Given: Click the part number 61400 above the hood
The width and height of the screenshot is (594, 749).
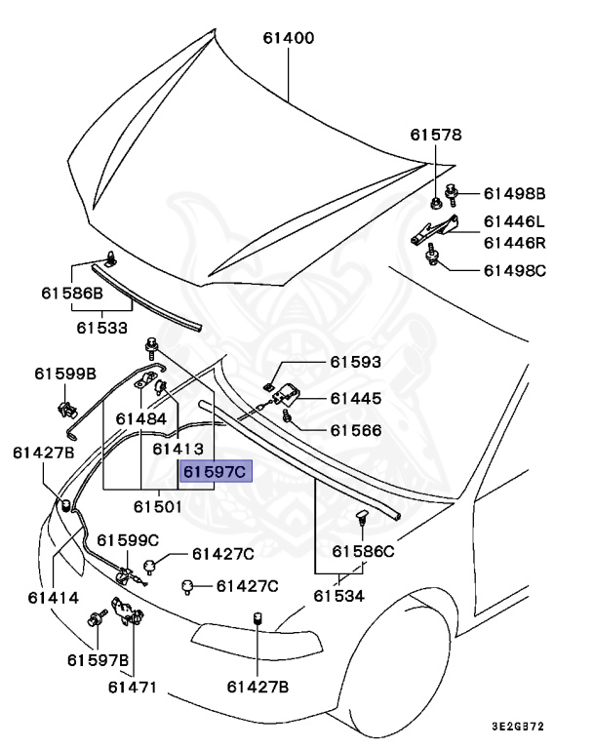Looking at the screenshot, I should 288,39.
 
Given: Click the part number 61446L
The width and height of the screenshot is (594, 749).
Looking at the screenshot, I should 514,221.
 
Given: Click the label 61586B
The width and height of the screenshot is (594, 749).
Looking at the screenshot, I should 71,292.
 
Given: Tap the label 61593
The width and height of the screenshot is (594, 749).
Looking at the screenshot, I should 355,363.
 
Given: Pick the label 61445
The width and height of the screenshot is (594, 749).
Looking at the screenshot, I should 355,398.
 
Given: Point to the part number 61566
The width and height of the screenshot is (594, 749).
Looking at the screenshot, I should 355,430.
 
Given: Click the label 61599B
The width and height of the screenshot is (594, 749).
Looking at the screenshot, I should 65,373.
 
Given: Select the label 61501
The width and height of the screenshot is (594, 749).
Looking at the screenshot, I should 158,506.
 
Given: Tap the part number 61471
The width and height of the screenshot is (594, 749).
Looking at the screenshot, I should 132,688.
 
